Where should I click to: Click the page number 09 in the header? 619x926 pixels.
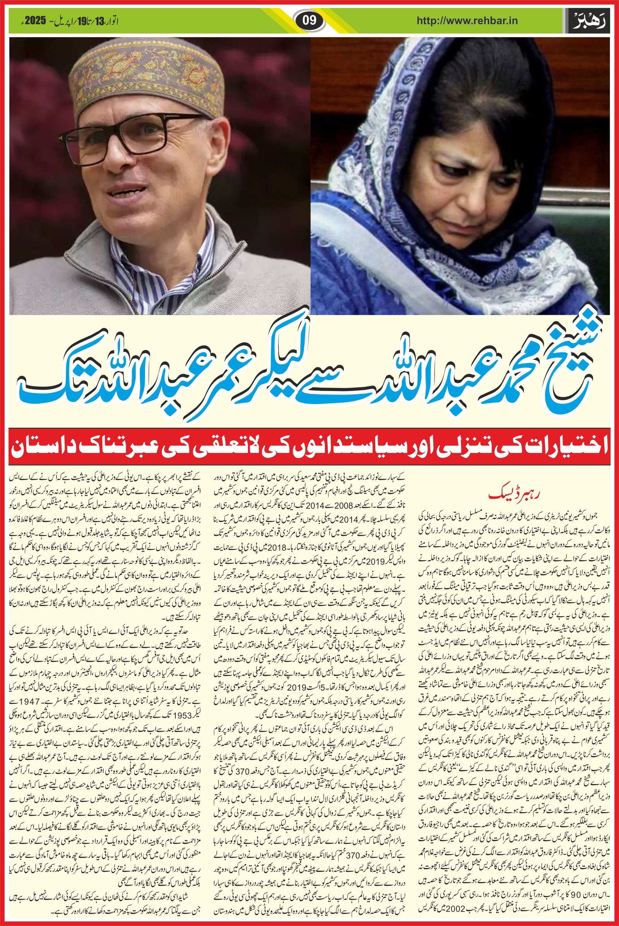309,19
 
